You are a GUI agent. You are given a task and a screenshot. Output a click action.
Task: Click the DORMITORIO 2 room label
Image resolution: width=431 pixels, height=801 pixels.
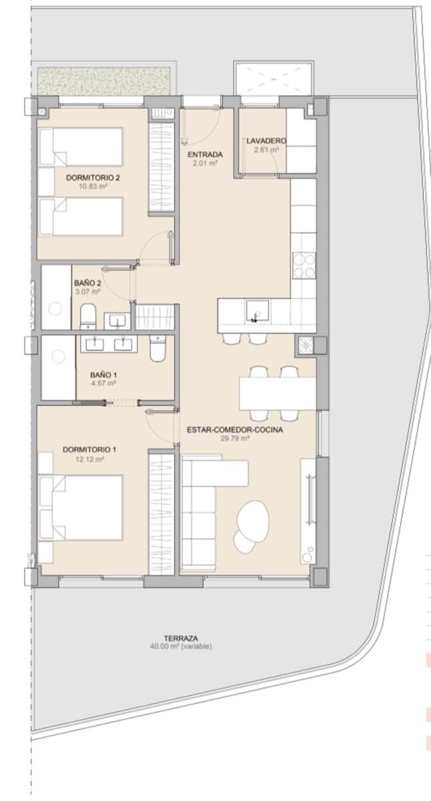click(93, 178)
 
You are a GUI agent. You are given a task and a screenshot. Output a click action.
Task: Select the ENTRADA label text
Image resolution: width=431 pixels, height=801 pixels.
click(205, 155)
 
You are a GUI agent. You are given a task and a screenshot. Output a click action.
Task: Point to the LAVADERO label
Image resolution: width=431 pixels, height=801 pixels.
click(265, 141)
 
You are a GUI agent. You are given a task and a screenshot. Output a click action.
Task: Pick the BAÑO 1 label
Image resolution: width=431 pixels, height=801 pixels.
click(104, 374)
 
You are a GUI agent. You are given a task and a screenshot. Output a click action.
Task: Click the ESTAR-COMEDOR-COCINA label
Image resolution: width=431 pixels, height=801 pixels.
click(235, 430)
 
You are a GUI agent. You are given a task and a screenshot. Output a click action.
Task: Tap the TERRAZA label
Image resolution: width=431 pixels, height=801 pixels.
click(181, 637)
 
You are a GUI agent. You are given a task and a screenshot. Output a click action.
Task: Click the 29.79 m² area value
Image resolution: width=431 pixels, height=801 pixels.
click(235, 439)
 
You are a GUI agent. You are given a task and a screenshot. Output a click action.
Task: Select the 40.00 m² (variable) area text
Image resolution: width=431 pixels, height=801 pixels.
click(181, 646)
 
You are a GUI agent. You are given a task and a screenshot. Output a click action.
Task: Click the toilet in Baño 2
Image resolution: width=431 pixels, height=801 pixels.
click(88, 316)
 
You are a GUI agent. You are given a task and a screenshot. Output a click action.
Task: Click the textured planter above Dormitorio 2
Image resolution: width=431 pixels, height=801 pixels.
click(107, 81)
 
